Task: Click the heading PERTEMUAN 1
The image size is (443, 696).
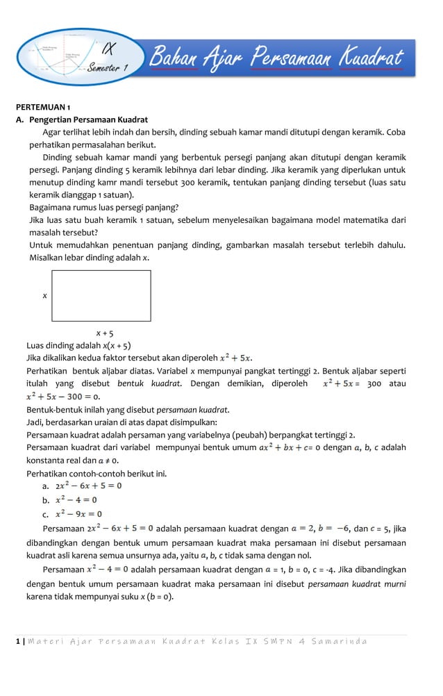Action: click(43, 108)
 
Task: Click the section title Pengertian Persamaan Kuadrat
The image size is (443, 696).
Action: click(88, 119)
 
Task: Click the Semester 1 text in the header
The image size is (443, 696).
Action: click(108, 67)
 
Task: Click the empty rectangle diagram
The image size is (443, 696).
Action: click(101, 295)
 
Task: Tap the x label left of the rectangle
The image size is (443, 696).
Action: click(44, 295)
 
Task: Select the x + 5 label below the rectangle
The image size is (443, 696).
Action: click(105, 333)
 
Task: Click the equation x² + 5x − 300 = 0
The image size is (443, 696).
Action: click(63, 396)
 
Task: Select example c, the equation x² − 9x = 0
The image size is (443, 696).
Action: click(78, 514)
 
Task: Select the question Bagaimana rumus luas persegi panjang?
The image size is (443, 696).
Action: click(103, 207)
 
